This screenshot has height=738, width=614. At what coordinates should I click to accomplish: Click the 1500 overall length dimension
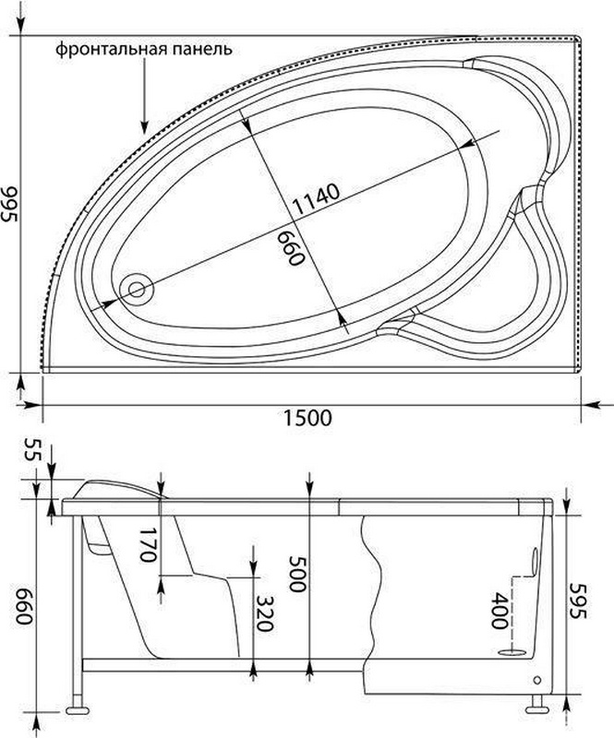coord(307,418)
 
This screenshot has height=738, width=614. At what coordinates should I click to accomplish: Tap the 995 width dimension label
coord(10,204)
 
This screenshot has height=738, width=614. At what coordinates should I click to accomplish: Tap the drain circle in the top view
coord(136,290)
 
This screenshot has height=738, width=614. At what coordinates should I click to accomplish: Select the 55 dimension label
coord(34,449)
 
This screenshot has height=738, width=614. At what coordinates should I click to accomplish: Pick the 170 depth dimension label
coord(148,544)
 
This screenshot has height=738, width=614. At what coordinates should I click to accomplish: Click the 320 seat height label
coord(264,613)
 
